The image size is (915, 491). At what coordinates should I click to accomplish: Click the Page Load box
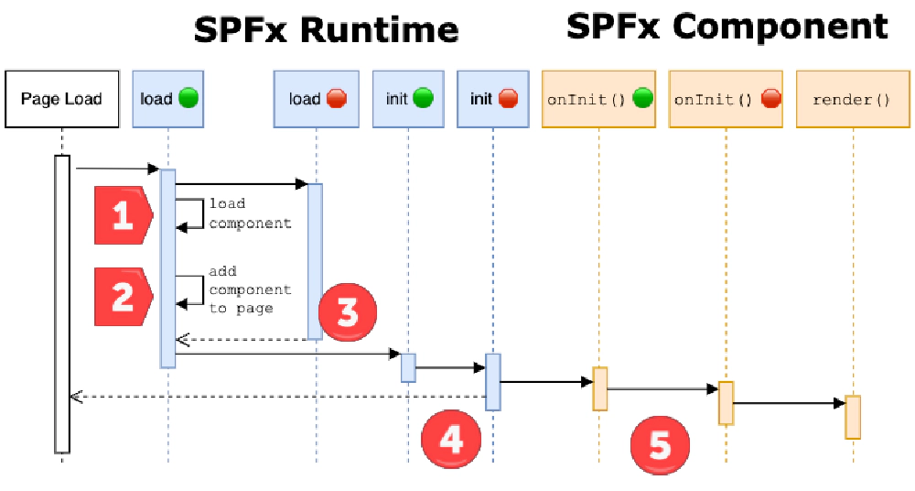pos(61,98)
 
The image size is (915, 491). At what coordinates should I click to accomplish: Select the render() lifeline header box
pos(852,98)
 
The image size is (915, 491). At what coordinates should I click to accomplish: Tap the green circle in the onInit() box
pos(642,98)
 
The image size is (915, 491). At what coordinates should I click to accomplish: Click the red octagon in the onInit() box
pos(770,98)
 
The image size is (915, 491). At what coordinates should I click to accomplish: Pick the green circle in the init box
pos(423,98)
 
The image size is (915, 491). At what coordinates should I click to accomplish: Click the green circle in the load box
pos(188,98)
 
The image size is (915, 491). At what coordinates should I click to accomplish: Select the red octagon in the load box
pos(336,98)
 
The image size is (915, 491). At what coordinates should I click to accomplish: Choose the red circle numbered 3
pos(347,311)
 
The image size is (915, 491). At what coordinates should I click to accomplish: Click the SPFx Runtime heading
pos(326,29)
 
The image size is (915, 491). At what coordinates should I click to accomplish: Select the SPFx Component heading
pos(727,26)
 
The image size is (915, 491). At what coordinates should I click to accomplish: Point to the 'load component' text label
pos(249,213)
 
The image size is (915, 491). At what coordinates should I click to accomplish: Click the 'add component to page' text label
pos(249,289)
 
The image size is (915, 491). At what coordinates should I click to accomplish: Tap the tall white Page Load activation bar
pos(61,302)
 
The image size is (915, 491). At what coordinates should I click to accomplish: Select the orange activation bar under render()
pos(852,417)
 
